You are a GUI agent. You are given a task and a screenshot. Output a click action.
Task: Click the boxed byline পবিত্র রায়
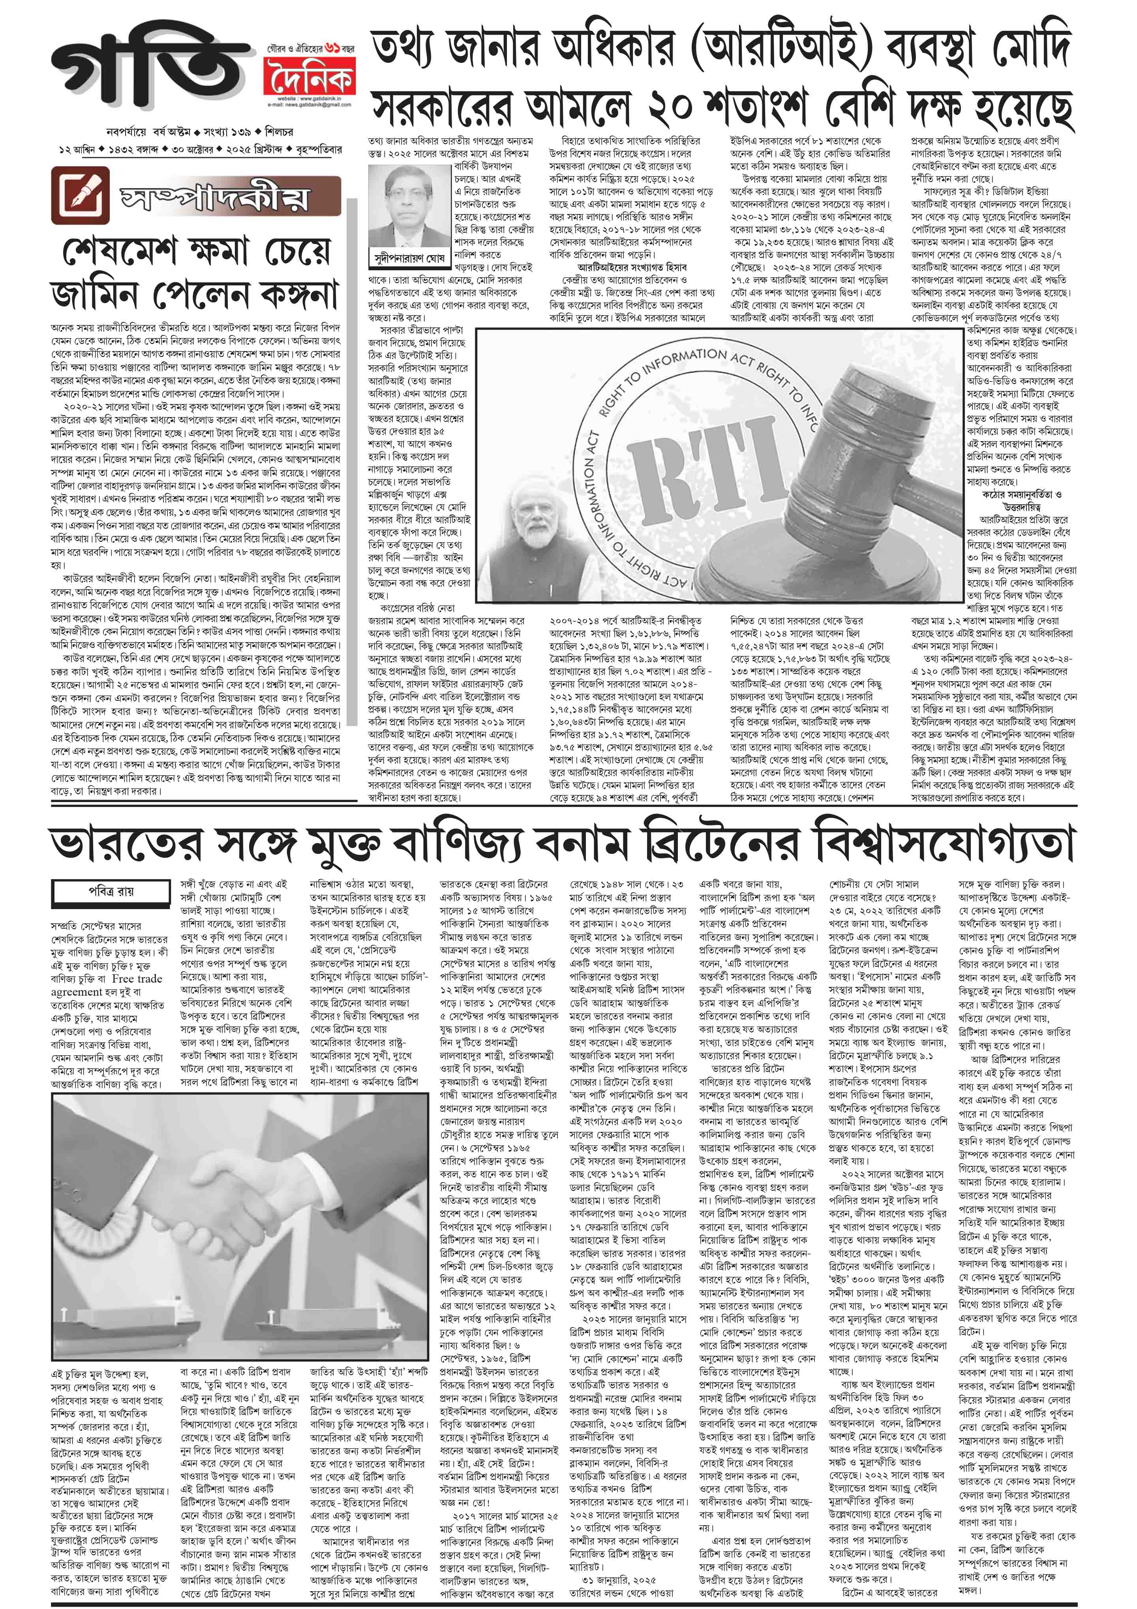[110, 891]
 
